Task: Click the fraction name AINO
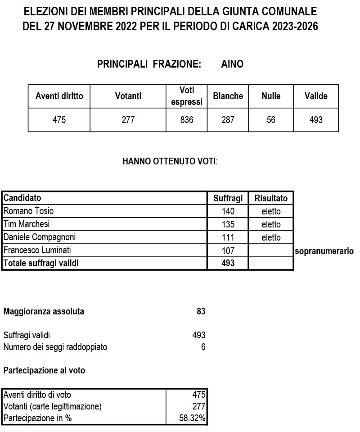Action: click(232, 64)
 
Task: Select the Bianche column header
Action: click(228, 96)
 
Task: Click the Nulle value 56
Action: click(271, 120)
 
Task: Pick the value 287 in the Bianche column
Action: click(228, 120)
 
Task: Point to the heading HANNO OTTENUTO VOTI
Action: click(170, 161)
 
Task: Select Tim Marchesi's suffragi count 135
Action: click(228, 224)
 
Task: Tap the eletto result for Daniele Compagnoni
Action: click(271, 237)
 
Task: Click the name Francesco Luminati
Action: click(37, 250)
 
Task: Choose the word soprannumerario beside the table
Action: click(324, 251)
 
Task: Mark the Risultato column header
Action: click(271, 198)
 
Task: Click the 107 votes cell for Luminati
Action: click(228, 251)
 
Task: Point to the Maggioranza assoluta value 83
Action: click(201, 311)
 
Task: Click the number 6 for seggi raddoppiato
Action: click(203, 347)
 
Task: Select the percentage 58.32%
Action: click(192, 418)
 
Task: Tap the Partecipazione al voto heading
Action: click(44, 371)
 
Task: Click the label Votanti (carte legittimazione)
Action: click(52, 406)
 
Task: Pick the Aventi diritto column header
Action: click(59, 96)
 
